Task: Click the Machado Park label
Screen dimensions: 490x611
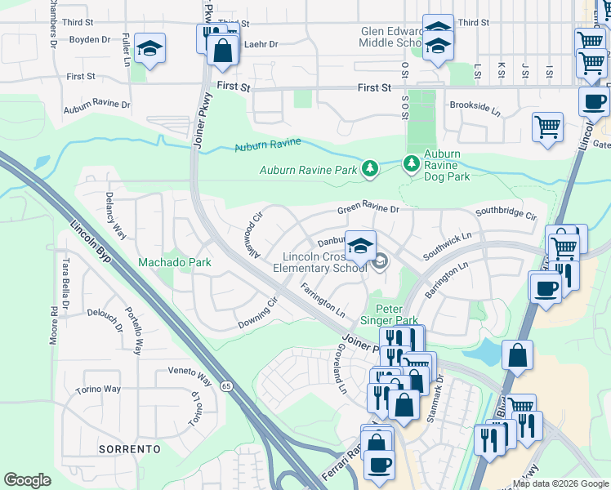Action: point(174,262)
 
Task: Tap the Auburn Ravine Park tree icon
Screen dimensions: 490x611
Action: point(370,169)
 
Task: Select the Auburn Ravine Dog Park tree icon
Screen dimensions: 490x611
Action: point(411,164)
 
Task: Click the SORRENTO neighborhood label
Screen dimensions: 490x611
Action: point(129,449)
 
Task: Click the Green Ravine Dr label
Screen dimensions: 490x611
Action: point(368,210)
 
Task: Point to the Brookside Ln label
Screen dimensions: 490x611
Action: point(474,107)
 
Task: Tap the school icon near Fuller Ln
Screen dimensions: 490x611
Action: point(150,49)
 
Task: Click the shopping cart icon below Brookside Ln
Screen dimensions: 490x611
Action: point(547,127)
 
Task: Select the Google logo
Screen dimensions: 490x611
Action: point(28,480)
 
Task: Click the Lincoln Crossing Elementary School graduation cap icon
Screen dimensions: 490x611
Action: point(360,243)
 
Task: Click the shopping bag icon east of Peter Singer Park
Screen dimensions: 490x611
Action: point(518,356)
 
